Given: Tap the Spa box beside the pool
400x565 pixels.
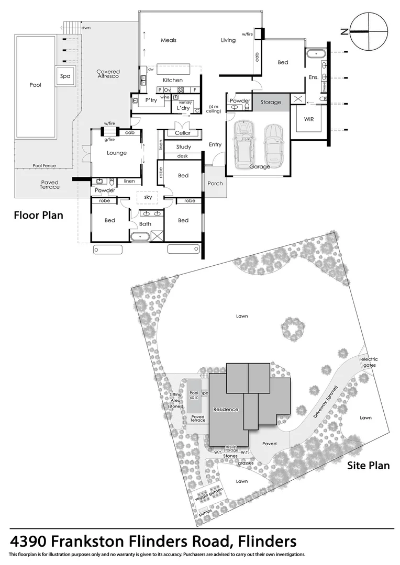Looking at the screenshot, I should [x=65, y=76].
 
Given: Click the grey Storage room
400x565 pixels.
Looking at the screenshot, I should [x=271, y=103].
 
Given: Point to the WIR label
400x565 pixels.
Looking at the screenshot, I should [x=309, y=119].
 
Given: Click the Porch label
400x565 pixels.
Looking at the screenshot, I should [x=215, y=184].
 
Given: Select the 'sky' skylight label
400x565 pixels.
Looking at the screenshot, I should [x=148, y=198].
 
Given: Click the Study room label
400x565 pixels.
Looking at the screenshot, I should [x=183, y=147].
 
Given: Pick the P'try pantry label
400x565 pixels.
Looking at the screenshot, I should [x=151, y=100].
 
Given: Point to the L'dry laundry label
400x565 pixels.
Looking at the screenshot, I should [x=183, y=108].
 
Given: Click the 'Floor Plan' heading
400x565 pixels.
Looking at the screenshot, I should [x=38, y=215].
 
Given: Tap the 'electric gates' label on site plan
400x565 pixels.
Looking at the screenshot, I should [x=369, y=363].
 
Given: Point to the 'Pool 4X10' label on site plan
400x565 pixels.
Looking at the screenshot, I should [x=194, y=395].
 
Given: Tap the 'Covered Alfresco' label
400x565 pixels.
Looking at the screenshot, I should [x=108, y=74].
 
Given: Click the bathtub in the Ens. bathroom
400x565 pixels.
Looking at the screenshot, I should [x=316, y=54].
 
